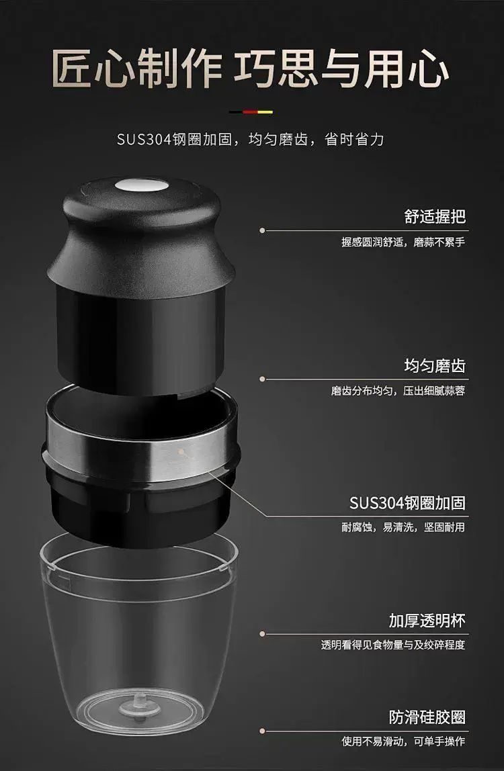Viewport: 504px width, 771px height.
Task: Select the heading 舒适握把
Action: (435, 216)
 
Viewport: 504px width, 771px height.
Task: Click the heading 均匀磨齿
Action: (435, 366)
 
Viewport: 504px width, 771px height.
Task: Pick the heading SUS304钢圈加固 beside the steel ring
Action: (407, 503)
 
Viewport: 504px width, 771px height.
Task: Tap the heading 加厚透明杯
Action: (427, 621)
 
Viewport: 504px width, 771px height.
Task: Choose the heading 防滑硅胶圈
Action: (427, 717)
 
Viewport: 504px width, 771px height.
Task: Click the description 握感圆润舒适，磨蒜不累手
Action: (403, 242)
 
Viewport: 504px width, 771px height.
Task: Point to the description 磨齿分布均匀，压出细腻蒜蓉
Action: (398, 391)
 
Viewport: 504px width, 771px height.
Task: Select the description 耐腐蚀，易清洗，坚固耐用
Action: (403, 527)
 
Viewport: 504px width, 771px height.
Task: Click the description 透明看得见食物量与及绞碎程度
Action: (392, 645)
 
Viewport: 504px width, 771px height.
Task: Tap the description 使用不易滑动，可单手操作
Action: (403, 741)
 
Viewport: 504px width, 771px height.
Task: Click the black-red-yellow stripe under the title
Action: (251, 111)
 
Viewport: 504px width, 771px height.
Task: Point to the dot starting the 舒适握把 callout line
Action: (262, 230)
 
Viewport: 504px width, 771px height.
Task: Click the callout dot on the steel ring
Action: (181, 451)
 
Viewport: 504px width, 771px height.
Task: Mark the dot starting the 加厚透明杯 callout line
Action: (262, 634)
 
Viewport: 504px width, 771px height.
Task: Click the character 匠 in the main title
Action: (73, 69)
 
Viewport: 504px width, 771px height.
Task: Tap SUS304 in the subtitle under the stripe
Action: (144, 140)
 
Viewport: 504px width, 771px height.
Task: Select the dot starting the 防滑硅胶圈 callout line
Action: (262, 731)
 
